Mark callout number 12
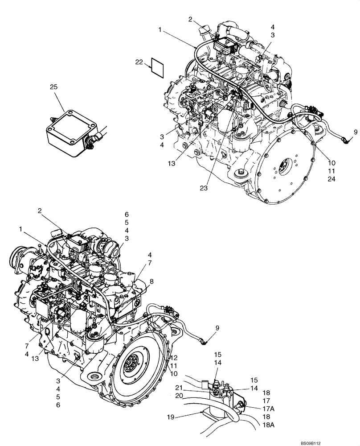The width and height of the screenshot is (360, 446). tap(174, 357)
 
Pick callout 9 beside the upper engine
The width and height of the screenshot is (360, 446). tap(356, 132)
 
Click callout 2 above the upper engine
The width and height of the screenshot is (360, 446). tap(190, 19)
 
